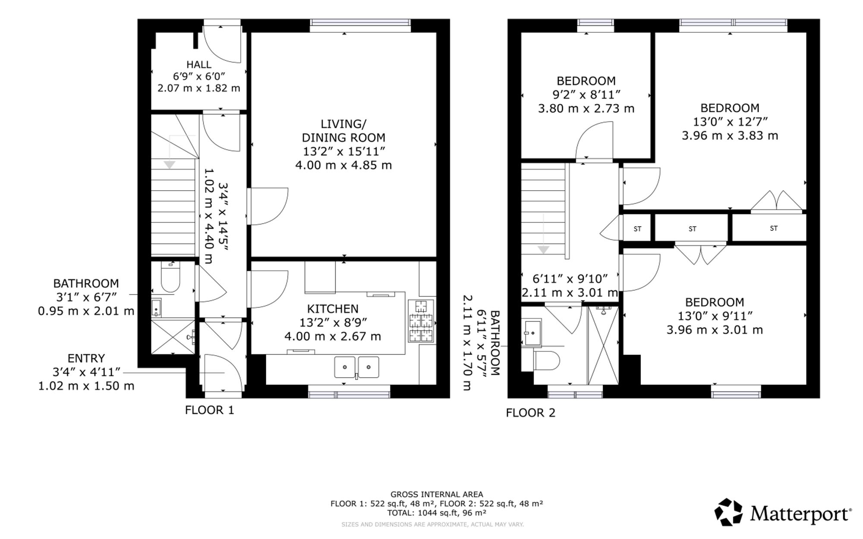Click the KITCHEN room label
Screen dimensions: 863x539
[333, 309]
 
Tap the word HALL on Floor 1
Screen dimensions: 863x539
[199, 65]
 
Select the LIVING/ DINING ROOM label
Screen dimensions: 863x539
[343, 131]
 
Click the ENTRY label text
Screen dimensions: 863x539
[86, 359]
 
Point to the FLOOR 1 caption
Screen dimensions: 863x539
[210, 410]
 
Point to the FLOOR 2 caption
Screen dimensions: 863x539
[531, 413]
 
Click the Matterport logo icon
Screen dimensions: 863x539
[728, 512]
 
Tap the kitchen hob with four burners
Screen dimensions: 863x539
[421, 321]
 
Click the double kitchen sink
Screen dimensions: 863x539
[356, 367]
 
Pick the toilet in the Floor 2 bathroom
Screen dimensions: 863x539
[547, 360]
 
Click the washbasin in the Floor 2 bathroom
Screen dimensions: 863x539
[533, 333]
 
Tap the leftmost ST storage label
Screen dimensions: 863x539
[637, 229]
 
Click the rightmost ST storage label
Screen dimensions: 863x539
[774, 228]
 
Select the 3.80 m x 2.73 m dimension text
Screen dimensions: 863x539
[586, 108]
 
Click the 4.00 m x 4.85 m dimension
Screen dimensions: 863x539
[343, 165]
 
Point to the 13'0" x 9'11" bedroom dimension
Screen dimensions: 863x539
[715, 316]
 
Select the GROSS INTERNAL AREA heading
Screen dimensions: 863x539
[437, 495]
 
